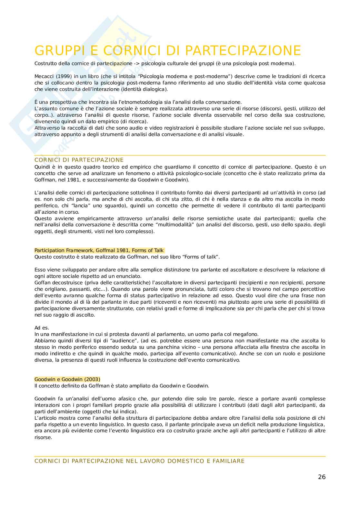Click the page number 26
(x=322, y=477)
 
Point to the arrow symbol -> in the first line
(x=137, y=64)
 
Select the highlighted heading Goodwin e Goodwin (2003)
(x=67, y=379)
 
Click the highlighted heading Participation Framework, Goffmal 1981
(x=99, y=250)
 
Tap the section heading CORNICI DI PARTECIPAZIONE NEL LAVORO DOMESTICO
(x=139, y=461)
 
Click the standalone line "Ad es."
(x=42, y=328)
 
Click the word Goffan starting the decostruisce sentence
(x=43, y=283)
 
